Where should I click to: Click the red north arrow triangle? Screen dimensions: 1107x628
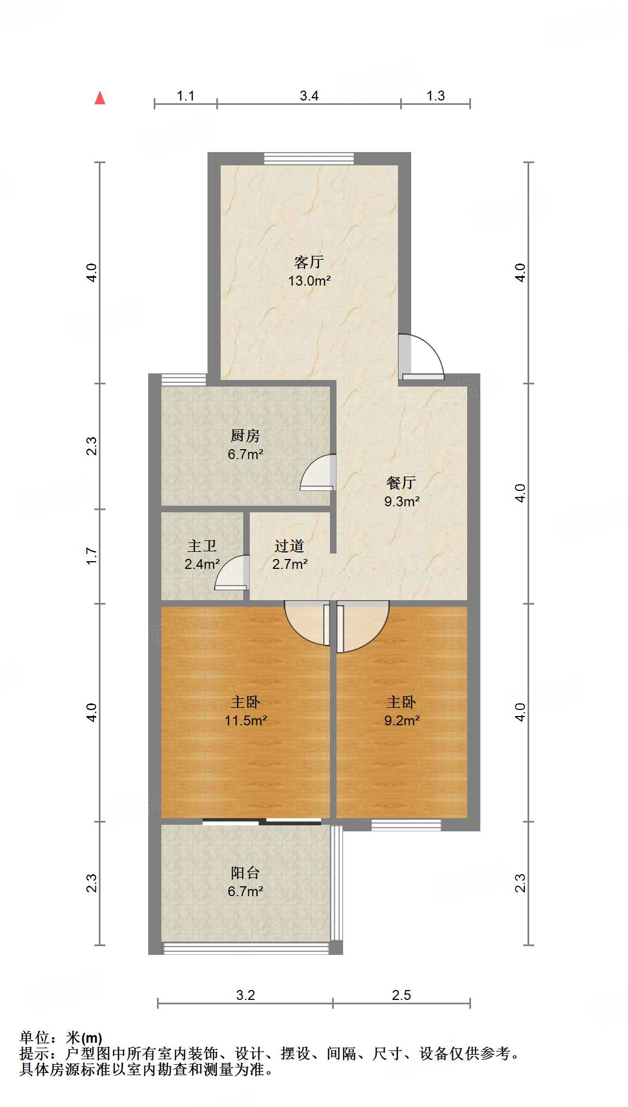(x=100, y=98)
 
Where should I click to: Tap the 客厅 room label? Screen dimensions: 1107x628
(x=309, y=262)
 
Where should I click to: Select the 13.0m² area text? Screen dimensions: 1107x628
(x=309, y=281)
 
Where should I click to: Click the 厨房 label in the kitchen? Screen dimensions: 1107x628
(x=245, y=436)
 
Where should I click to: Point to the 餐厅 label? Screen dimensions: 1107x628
(x=401, y=483)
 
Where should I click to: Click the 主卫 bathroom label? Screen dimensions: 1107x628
(x=202, y=546)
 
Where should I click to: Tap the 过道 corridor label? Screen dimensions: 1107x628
(x=289, y=546)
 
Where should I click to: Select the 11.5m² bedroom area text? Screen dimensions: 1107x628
(x=245, y=720)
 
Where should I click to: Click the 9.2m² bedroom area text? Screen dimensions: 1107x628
(x=402, y=720)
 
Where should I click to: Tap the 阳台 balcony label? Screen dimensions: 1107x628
(x=245, y=873)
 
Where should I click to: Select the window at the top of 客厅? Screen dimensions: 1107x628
(x=309, y=159)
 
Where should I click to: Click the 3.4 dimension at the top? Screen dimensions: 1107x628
(x=309, y=96)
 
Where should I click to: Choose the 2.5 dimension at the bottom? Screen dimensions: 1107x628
(x=401, y=995)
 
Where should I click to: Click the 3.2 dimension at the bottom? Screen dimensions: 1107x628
(x=245, y=995)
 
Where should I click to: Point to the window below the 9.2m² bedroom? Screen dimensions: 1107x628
(x=406, y=825)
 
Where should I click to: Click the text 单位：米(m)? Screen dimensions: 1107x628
(x=61, y=1038)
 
